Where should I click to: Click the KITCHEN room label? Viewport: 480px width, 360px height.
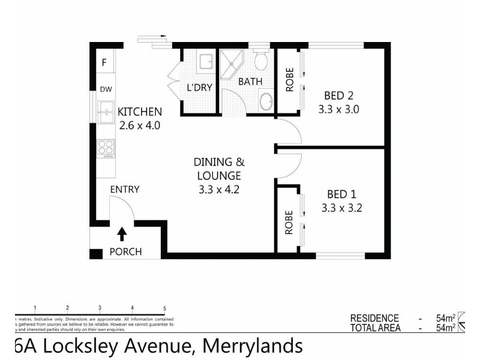(x=139, y=112)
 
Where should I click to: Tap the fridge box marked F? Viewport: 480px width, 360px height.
(x=104, y=62)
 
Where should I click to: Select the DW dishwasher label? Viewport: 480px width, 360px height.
(x=106, y=89)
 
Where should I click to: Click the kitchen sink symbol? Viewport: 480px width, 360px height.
(x=106, y=110)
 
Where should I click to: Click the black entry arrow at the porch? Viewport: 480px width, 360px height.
(x=123, y=233)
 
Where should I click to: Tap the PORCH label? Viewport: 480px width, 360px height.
(x=125, y=251)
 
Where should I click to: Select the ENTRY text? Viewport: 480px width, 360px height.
(x=125, y=190)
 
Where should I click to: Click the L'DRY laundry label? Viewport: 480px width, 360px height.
(x=200, y=88)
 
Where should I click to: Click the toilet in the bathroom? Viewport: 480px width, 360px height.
(x=261, y=60)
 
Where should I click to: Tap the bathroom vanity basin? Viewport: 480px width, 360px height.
(x=265, y=101)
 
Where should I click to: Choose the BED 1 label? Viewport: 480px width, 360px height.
(x=341, y=194)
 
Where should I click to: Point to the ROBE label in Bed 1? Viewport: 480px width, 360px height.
(x=289, y=221)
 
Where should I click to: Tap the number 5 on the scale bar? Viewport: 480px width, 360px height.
(x=164, y=308)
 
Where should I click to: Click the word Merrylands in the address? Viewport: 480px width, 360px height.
(x=252, y=346)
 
